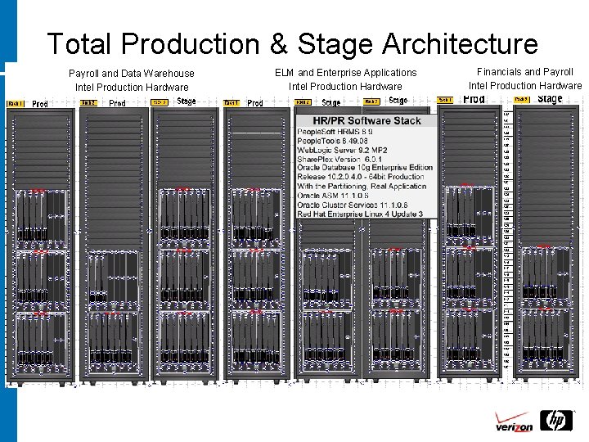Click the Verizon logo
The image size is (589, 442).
click(514, 425)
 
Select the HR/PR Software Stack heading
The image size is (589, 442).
click(362, 120)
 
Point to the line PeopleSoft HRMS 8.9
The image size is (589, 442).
click(335, 132)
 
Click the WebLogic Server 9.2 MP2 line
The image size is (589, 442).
click(343, 151)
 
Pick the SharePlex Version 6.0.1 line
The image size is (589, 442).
click(339, 160)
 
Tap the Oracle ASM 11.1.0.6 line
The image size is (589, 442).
click(334, 196)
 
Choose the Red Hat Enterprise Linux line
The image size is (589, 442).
click(360, 214)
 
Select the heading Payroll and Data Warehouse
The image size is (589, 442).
click(132, 74)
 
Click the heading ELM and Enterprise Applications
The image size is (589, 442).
click(345, 73)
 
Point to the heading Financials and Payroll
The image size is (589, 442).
click(524, 72)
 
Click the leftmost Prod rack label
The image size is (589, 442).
click(40, 103)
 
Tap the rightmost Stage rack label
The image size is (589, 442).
click(550, 99)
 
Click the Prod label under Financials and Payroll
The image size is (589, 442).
click(474, 99)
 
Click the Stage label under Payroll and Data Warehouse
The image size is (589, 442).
click(187, 101)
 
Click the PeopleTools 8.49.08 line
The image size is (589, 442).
click(333, 141)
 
